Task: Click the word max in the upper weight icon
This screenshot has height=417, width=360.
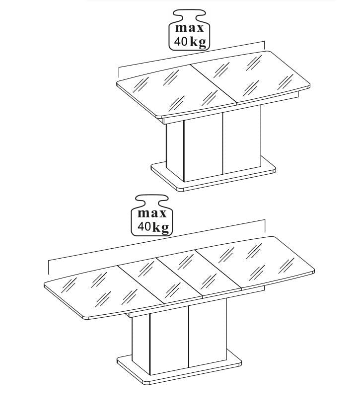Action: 190,28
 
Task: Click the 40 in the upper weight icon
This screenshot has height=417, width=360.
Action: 181,41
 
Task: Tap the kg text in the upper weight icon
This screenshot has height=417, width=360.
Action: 198,42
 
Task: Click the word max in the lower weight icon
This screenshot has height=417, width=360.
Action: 151,213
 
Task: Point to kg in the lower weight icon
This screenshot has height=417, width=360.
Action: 161,227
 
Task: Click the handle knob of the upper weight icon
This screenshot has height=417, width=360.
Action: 189,14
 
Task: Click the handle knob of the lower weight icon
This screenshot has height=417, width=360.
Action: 151,200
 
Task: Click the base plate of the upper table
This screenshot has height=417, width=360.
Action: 214,178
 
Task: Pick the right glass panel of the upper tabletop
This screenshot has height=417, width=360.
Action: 250,76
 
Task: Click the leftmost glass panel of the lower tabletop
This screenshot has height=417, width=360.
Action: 104,292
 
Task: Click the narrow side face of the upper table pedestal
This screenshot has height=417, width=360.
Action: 175,150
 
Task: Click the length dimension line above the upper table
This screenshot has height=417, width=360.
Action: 192,56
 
